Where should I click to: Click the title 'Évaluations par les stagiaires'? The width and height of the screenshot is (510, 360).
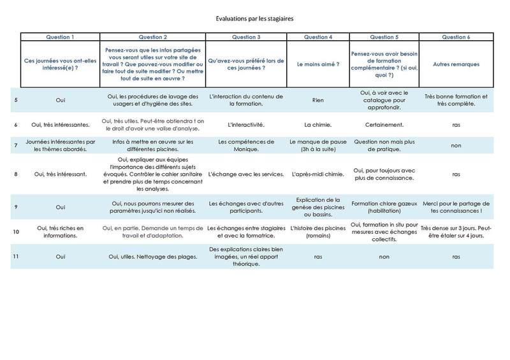[x=254, y=19]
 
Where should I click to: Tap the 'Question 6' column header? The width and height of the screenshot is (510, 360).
[x=456, y=37]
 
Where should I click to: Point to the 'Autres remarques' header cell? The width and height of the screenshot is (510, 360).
[x=456, y=64]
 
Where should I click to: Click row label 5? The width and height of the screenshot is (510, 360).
[x=16, y=101]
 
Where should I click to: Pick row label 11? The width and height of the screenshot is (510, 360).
[x=16, y=256]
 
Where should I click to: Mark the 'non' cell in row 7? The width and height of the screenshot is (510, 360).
[x=456, y=146]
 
